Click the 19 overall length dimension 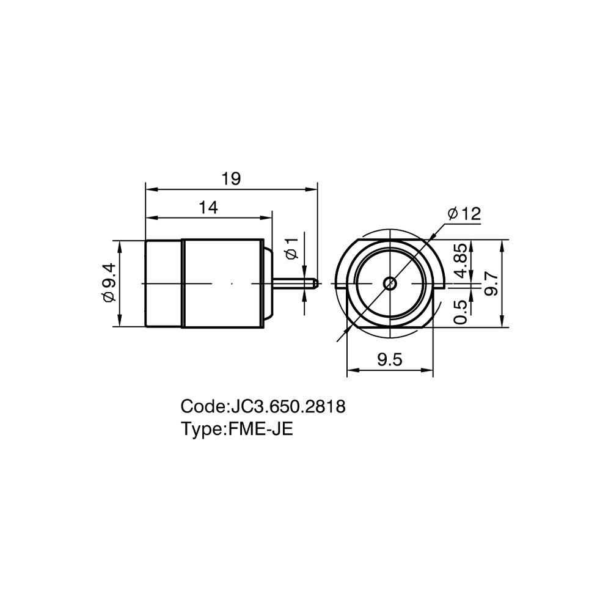232,179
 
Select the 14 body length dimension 208,208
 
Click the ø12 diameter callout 464,214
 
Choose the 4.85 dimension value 461,260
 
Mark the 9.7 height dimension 492,284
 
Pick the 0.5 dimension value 461,312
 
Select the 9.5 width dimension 390,359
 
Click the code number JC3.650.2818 288,407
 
